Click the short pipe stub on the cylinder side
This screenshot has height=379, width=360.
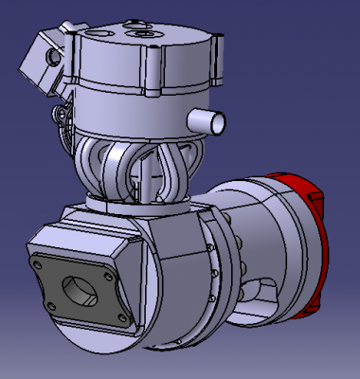pos(212,120)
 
